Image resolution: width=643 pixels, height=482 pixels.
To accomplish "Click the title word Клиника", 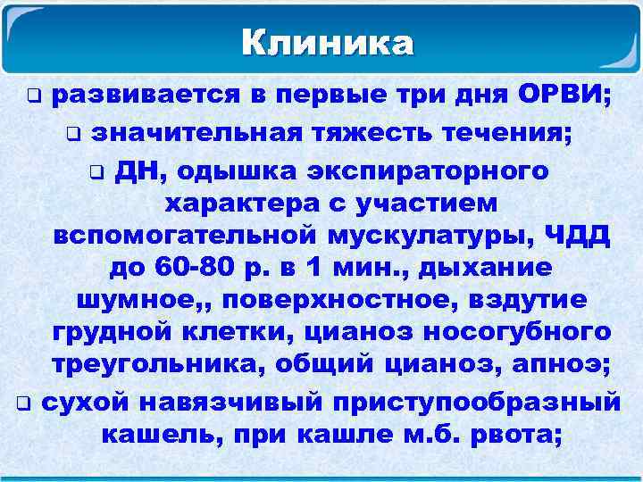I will tap(328, 42).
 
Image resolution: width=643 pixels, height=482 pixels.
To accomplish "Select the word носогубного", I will tap(522, 332).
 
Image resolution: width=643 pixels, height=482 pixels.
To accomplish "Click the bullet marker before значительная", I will tap(73, 135).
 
